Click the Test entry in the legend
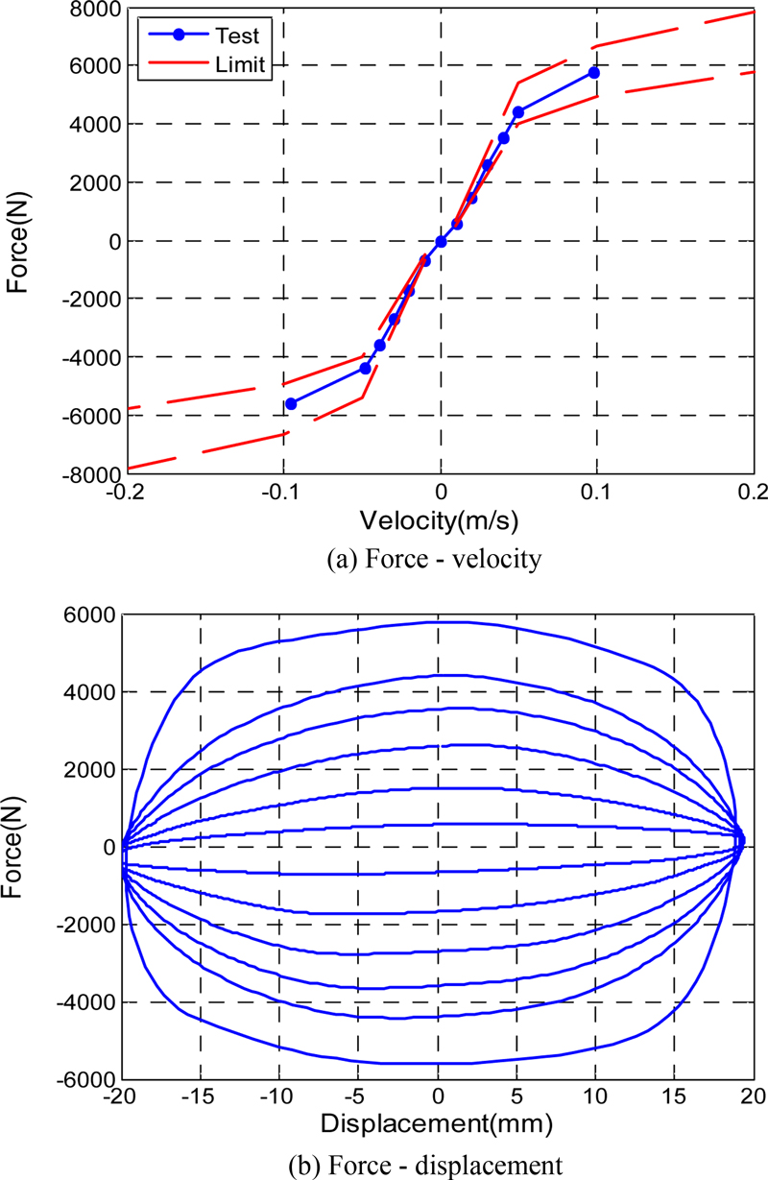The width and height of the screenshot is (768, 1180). (x=239, y=36)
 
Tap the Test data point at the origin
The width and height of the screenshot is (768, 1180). (x=441, y=241)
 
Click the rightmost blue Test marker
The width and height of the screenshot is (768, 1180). (x=594, y=73)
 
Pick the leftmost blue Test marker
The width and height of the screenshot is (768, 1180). (x=291, y=404)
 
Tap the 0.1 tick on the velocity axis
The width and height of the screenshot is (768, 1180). (x=597, y=493)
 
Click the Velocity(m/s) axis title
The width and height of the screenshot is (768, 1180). (x=440, y=520)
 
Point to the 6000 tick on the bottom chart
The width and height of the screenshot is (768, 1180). (x=93, y=615)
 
